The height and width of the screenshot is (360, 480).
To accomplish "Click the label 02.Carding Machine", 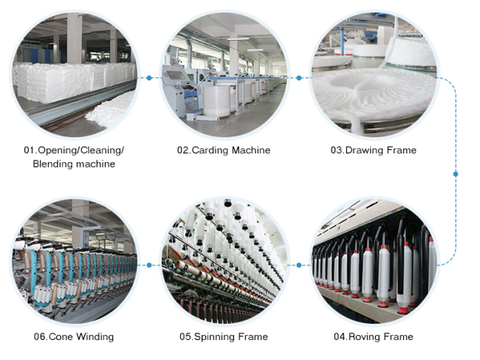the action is point(224,150).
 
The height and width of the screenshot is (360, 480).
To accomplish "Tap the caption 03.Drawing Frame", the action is point(373,150).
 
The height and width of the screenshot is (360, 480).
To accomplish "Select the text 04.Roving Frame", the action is point(373,336).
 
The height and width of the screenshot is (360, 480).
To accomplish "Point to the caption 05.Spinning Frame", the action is point(224,336).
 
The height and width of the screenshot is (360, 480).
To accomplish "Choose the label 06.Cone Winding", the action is point(74,336).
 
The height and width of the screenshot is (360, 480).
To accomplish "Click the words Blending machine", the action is point(74,164).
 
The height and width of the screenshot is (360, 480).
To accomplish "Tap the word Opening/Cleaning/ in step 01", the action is point(80,150).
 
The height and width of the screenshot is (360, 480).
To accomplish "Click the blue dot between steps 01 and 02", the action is point(149,78).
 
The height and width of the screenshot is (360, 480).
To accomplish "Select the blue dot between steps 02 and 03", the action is point(299,78).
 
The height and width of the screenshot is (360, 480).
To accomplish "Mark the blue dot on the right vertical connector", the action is point(456,174).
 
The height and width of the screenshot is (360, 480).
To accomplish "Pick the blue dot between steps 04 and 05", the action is point(299,265).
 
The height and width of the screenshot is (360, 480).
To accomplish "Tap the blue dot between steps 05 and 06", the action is point(149,265).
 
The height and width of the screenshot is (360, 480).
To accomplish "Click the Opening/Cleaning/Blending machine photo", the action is point(75,75).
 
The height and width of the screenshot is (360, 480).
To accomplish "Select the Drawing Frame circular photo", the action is point(374,75).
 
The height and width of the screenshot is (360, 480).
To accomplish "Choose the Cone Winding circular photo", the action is point(75,261).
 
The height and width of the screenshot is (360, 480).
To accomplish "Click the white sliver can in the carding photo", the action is point(216,100).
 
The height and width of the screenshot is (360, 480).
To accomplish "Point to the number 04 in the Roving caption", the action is point(339,336).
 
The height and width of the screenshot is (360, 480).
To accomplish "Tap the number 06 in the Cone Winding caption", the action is point(39,336).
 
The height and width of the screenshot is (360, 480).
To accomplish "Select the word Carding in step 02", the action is point(210,150).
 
